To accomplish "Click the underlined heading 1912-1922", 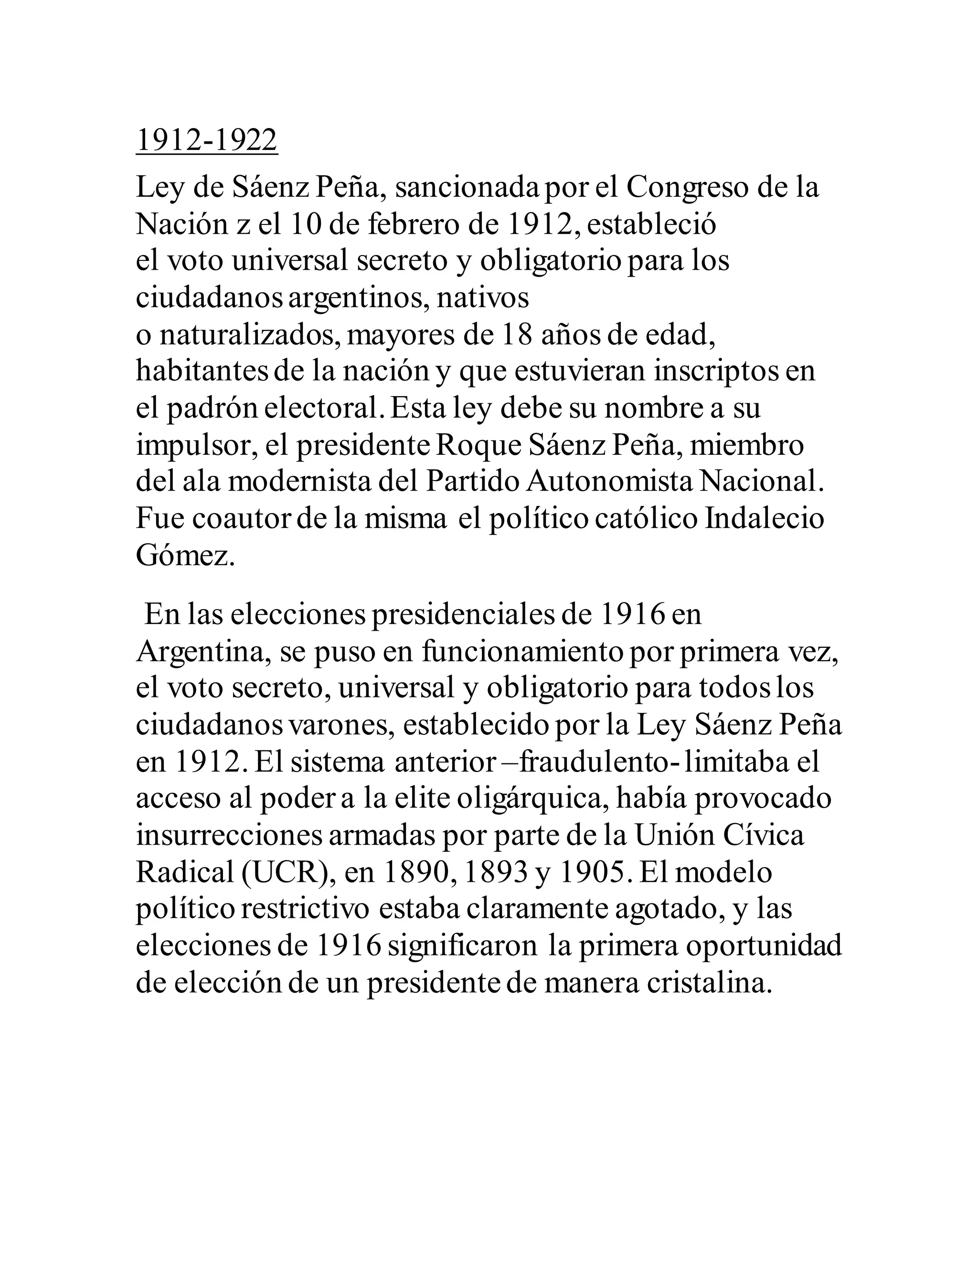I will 207,140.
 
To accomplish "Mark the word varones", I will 342,726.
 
